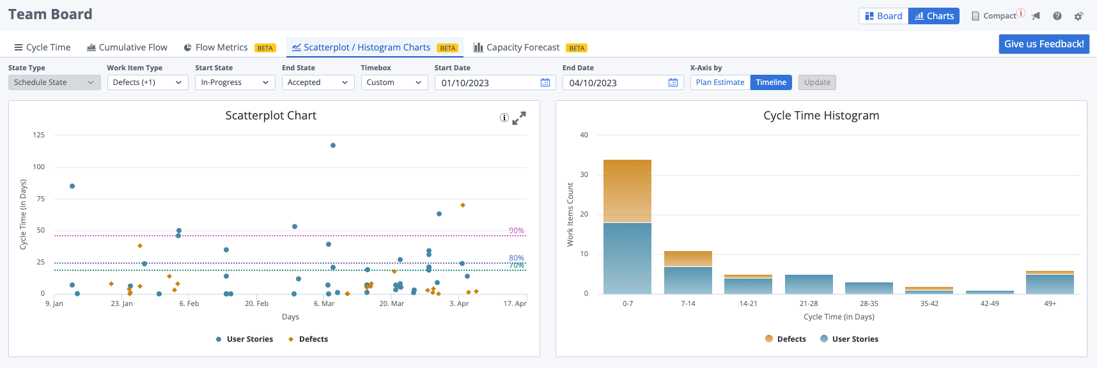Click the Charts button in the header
[934, 16]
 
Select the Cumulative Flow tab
[127, 47]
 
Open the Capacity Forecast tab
[522, 47]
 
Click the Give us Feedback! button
[1043, 44]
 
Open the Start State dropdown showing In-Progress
[235, 82]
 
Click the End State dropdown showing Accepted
[318, 82]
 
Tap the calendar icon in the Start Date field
[545, 82]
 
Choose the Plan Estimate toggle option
[720, 82]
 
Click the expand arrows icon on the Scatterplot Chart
[519, 118]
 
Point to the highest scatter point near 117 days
[333, 146]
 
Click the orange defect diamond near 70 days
[463, 205]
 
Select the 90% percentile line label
[516, 231]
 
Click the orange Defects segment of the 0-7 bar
[627, 190]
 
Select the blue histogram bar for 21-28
[809, 284]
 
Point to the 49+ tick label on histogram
[1050, 303]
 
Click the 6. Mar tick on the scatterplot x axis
[324, 303]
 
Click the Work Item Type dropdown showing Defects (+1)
[147, 82]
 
